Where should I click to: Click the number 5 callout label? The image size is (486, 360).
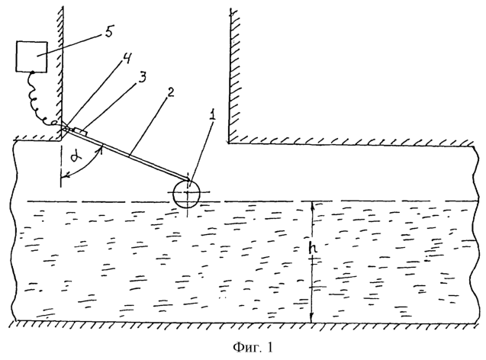pos(109,31)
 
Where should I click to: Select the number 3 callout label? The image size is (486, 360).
pos(141,77)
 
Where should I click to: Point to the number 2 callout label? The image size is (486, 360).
pos(170,92)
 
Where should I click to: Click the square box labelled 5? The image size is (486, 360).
pos(32,56)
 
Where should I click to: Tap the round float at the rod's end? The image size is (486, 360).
pos(187,194)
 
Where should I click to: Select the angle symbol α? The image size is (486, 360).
pos(75,158)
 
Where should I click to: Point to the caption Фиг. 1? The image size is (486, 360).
pos(253,347)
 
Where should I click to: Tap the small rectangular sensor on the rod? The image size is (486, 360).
pos(81,131)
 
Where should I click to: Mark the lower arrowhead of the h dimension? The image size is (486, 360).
pos(313,320)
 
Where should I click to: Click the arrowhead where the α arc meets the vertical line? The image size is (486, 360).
pos(63,177)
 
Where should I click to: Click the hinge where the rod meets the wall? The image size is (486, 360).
pos(64,127)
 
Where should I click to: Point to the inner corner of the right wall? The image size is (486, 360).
pos(229,143)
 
